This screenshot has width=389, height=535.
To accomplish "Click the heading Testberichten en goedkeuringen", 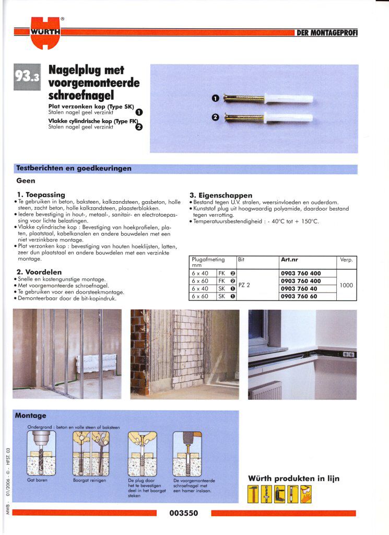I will pos(74,169).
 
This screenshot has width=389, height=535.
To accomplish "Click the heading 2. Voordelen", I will pos(40,272).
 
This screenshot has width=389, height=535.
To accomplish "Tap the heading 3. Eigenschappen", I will pos(221,195).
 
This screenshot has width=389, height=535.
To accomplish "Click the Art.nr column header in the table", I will pos(289,259).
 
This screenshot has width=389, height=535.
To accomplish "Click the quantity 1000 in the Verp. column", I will pos(347,285).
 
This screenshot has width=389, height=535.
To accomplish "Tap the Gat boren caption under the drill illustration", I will pos(38,480).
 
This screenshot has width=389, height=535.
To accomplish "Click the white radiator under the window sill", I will pos(265,390).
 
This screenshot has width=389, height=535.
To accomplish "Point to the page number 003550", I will pos(184,513).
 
